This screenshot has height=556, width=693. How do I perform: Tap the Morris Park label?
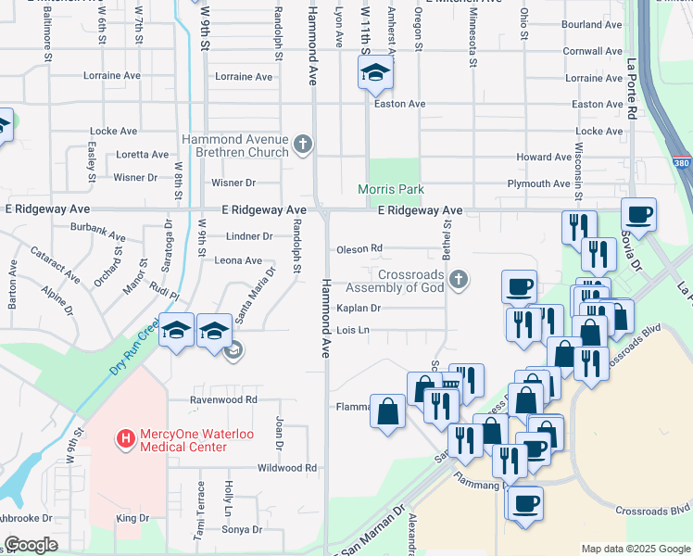coord(391,190)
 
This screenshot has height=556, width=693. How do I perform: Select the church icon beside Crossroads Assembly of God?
coord(457,279)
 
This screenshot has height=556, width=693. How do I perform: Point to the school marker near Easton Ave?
coord(375,73)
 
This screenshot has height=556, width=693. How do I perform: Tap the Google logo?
coord(31,546)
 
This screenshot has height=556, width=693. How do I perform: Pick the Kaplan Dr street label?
coord(358,308)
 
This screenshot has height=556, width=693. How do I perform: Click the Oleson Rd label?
coord(359,248)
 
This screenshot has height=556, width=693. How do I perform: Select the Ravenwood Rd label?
coord(223,399)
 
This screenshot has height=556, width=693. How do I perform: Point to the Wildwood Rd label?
coord(287,468)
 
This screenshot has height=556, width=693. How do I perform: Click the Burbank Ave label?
coord(97,231)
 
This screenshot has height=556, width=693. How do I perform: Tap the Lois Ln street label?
coord(354,330)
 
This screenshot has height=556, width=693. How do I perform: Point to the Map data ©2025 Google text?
coord(635,549)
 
